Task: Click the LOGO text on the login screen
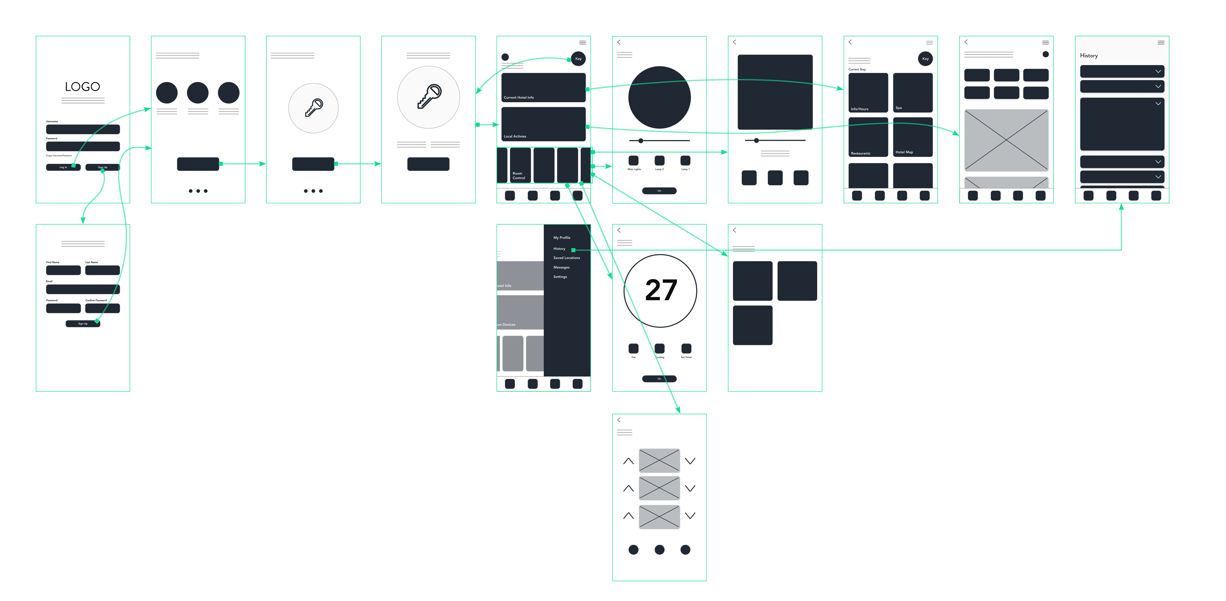[x=82, y=87]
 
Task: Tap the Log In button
[x=63, y=167]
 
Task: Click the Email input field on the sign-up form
[x=82, y=289]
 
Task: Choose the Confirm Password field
[x=102, y=308]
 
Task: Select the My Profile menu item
[x=562, y=238]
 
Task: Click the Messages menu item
[x=561, y=267]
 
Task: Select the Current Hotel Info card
[x=543, y=88]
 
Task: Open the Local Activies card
[x=543, y=124]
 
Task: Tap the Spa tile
[x=912, y=92]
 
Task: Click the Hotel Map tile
[x=912, y=137]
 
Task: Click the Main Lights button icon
[x=633, y=160]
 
